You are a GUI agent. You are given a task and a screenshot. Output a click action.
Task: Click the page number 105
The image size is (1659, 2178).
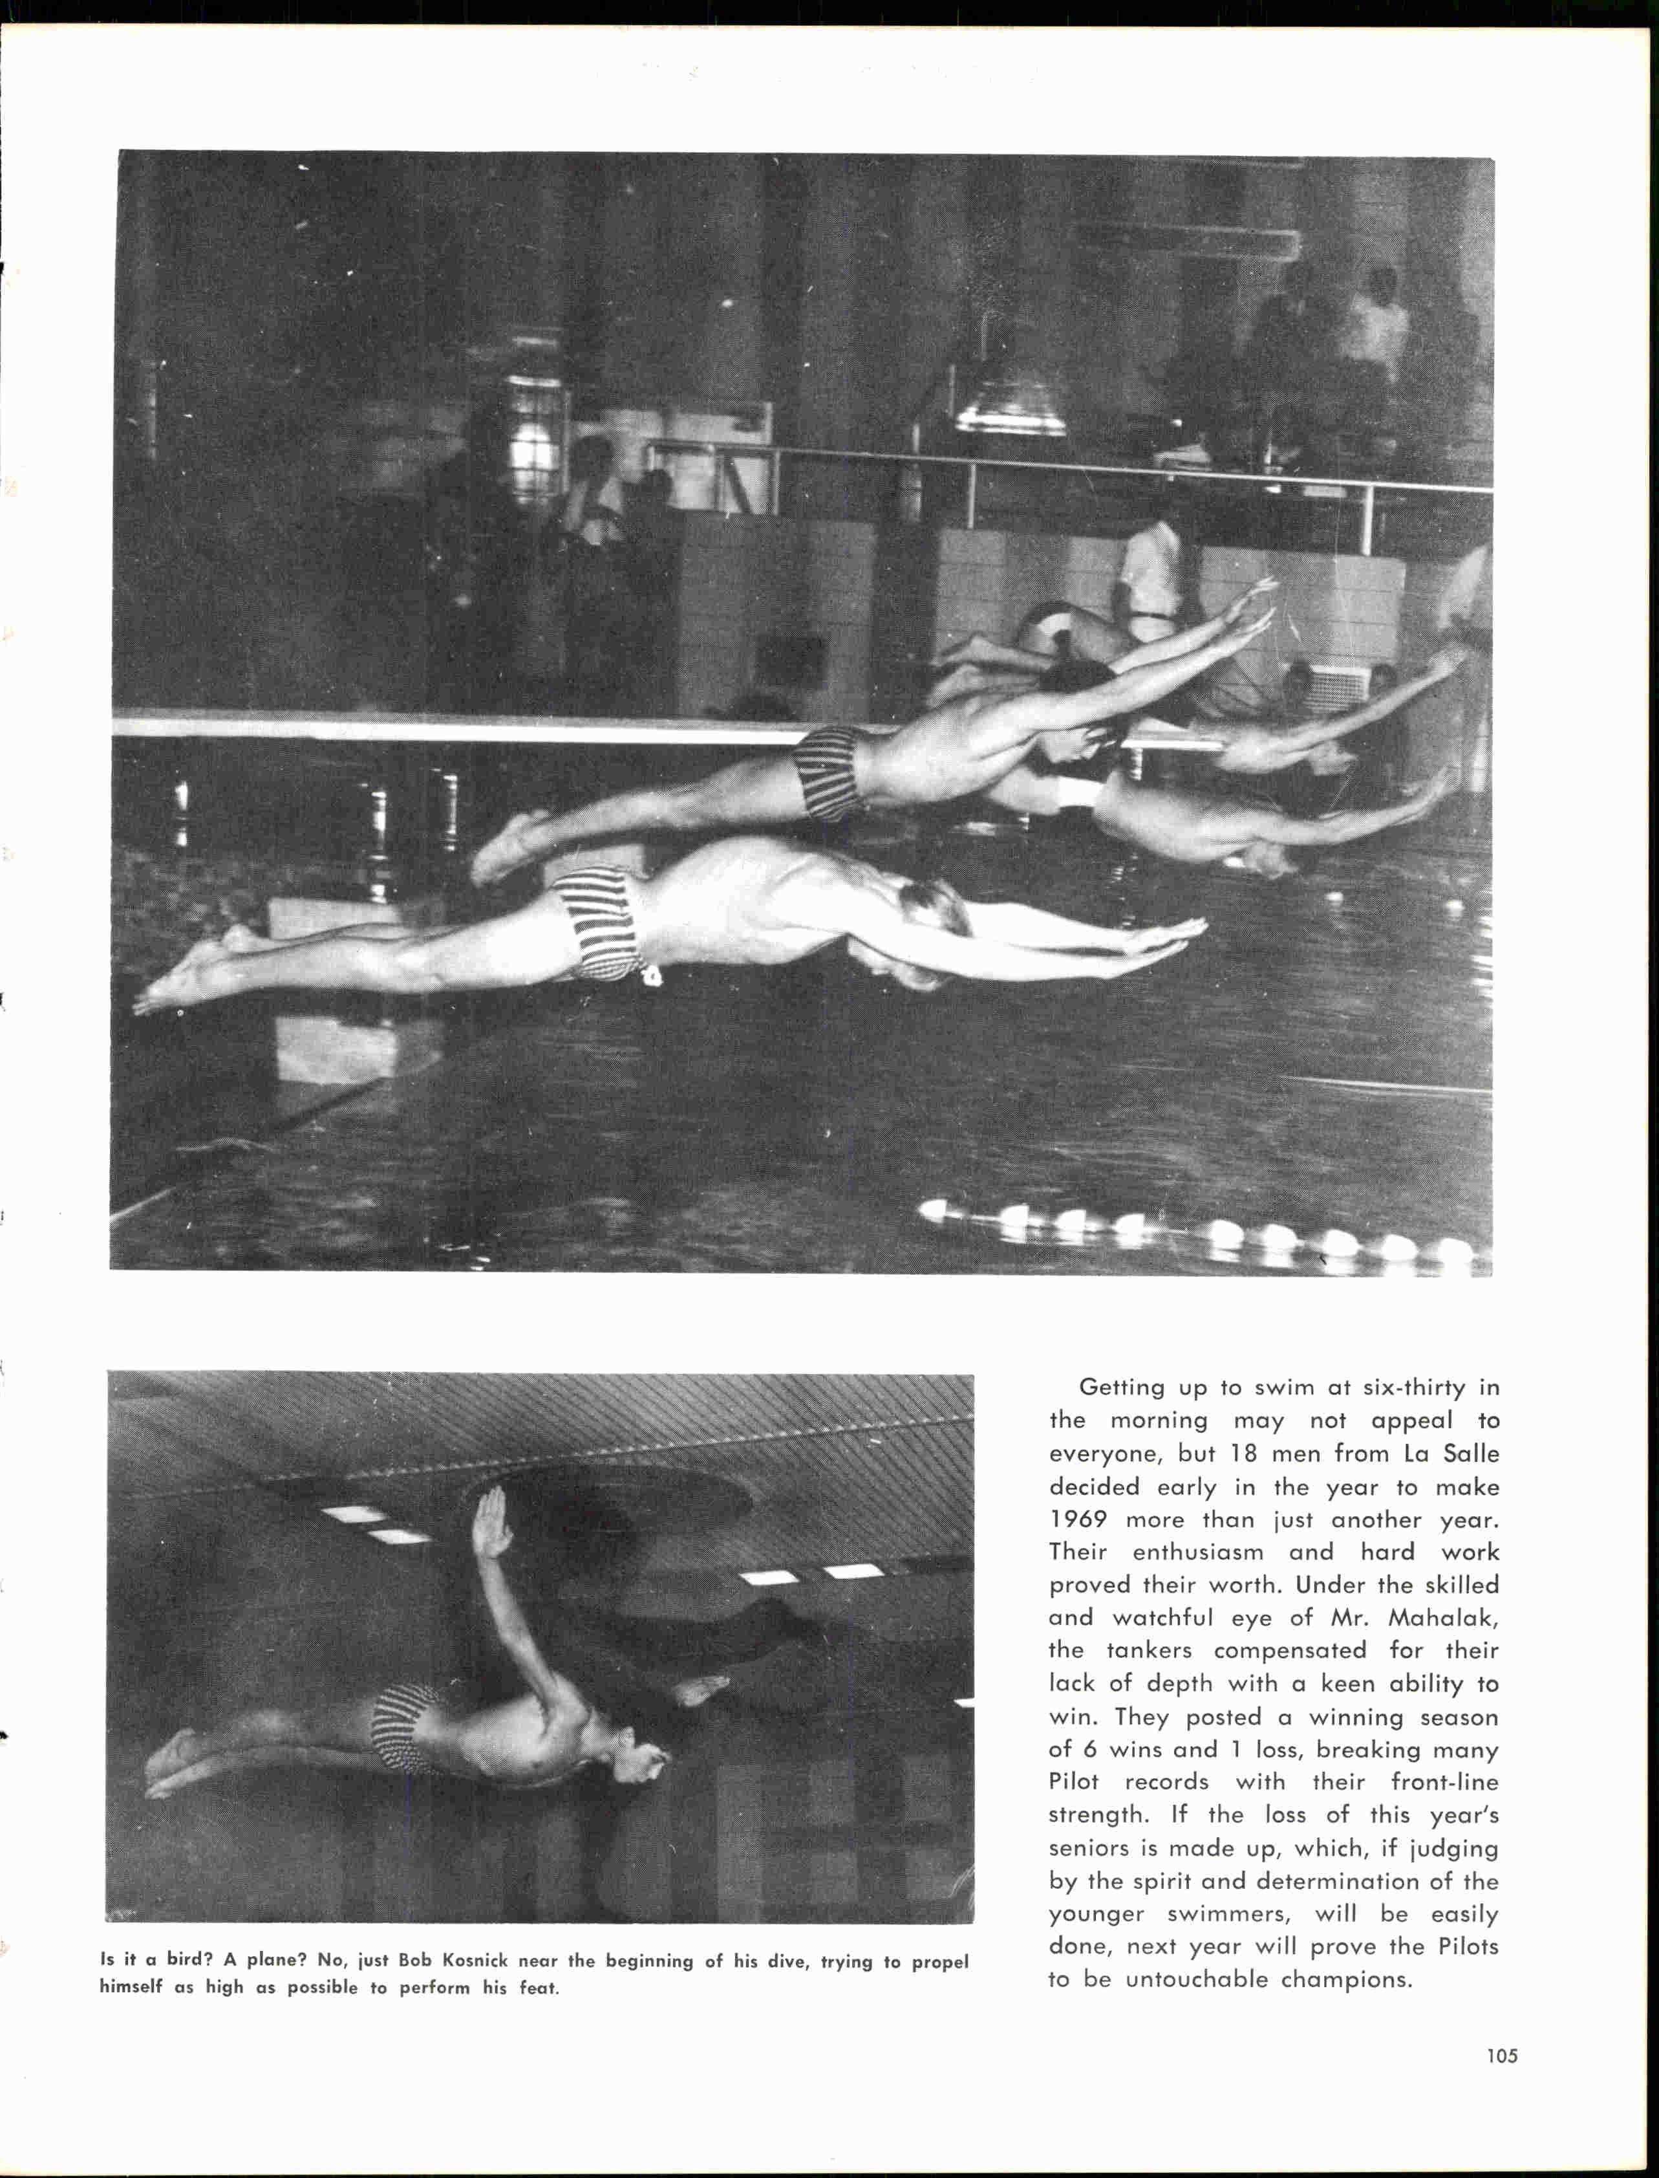(x=1501, y=2056)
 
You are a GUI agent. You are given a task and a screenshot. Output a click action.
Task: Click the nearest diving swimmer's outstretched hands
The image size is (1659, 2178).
(x=1165, y=943)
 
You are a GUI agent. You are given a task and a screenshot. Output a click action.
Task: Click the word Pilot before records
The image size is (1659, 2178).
(x=1073, y=1782)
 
